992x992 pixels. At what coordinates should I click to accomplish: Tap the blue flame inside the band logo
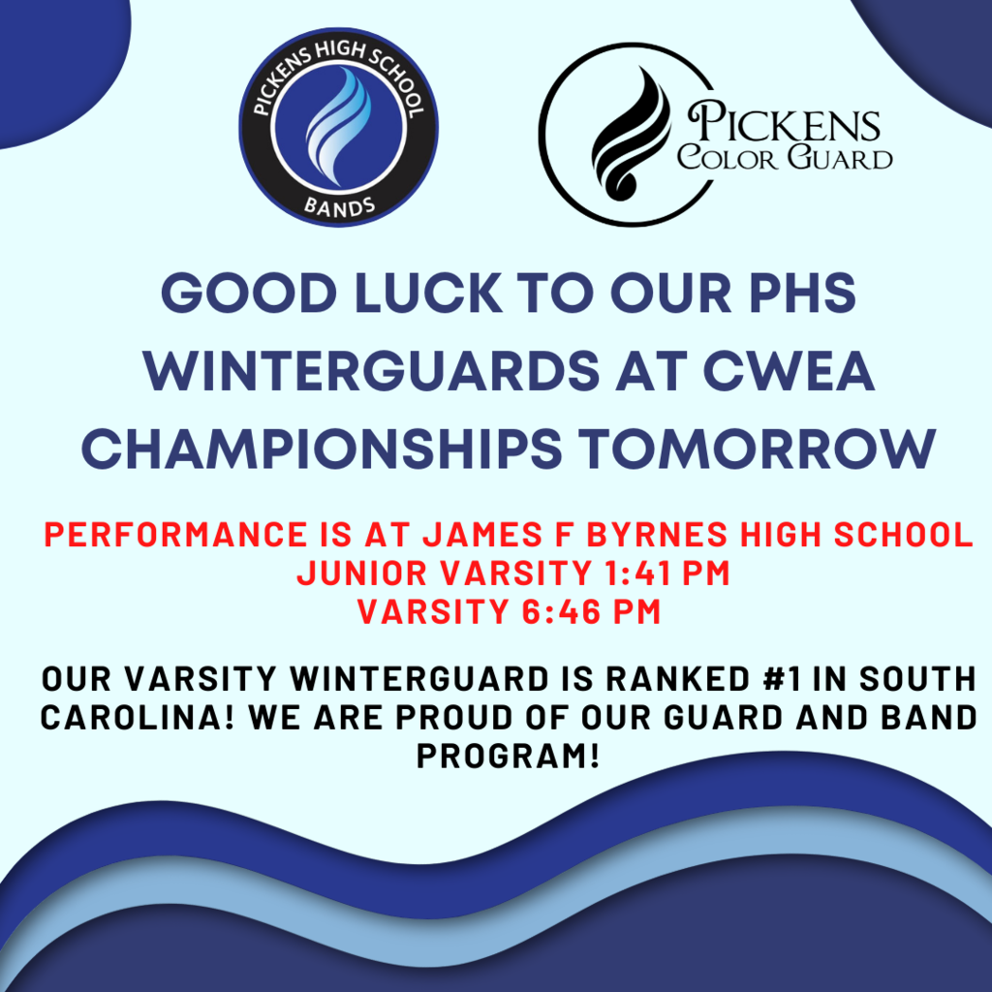click(x=338, y=127)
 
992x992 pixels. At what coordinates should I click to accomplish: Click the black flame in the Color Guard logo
click(x=630, y=134)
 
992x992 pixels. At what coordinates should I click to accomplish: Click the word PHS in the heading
click(x=802, y=293)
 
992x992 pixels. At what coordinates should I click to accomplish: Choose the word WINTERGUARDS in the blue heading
click(x=371, y=371)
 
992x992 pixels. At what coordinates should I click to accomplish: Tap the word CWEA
click(x=789, y=371)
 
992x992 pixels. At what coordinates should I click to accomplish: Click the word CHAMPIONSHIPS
click(x=322, y=449)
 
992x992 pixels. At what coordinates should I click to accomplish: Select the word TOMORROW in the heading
click(x=757, y=449)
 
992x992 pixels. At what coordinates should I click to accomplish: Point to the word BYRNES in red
click(x=658, y=534)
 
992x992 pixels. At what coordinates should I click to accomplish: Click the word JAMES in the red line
click(x=482, y=534)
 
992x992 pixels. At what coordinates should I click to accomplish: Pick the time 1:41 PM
click(x=666, y=573)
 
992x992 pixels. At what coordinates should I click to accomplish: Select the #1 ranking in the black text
click(x=782, y=679)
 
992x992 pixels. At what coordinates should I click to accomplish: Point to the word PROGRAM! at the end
click(x=508, y=756)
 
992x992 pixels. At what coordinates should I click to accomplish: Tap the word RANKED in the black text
click(x=678, y=679)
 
